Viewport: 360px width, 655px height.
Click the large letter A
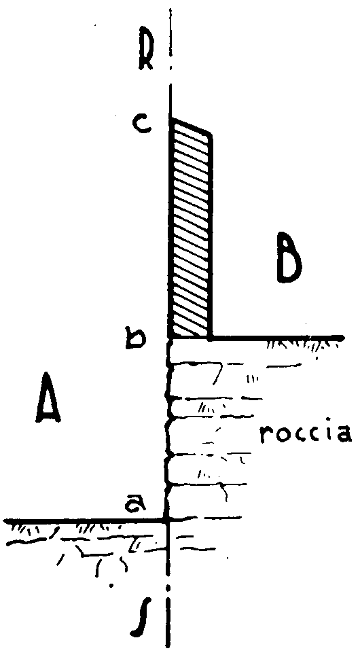[48, 397]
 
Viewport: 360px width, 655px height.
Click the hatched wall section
[190, 229]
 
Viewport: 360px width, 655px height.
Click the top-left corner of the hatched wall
[170, 119]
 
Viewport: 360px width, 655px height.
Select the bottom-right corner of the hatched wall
[211, 337]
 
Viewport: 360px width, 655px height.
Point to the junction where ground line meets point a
[168, 520]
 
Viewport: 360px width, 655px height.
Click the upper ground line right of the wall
[278, 337]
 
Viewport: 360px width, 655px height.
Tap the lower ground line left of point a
[84, 520]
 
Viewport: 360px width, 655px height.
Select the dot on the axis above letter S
[168, 588]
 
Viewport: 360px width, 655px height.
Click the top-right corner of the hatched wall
[211, 136]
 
